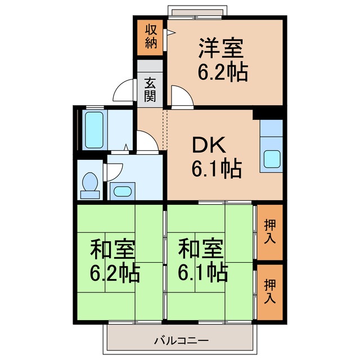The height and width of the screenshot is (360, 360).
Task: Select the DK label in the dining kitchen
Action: point(209,146)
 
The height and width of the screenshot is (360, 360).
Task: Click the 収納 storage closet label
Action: point(151,37)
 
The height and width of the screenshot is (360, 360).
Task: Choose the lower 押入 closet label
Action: point(270,291)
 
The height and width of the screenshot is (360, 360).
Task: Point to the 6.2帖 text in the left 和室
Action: point(115,273)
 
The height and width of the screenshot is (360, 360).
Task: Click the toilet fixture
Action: point(89,184)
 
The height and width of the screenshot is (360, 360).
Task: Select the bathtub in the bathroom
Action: point(92,129)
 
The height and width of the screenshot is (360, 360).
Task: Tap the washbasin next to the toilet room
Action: point(121,191)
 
